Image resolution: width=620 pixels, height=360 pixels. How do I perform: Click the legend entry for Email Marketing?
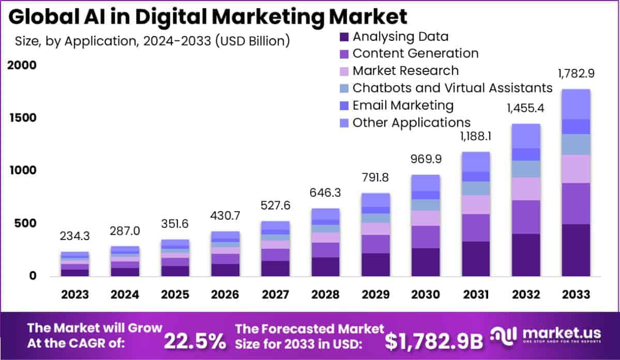click(x=403, y=106)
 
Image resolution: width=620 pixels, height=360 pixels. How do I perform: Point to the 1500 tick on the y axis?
click(x=22, y=118)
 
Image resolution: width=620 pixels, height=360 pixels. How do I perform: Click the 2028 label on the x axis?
click(x=325, y=294)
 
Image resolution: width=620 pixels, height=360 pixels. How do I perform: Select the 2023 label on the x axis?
click(x=74, y=294)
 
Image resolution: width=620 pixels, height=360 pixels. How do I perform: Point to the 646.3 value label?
click(x=325, y=193)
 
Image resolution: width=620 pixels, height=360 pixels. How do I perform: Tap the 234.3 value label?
click(x=74, y=236)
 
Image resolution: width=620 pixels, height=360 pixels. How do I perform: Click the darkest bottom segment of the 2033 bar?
click(x=576, y=250)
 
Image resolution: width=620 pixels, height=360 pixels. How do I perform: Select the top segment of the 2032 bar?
click(x=525, y=136)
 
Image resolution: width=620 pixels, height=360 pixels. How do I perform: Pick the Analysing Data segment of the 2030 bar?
click(x=425, y=262)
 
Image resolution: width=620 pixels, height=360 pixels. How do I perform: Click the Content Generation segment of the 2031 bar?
click(x=475, y=228)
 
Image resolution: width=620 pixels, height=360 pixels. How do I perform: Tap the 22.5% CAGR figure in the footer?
click(x=195, y=341)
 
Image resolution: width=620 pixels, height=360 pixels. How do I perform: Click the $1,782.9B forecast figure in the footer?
click(x=434, y=341)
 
